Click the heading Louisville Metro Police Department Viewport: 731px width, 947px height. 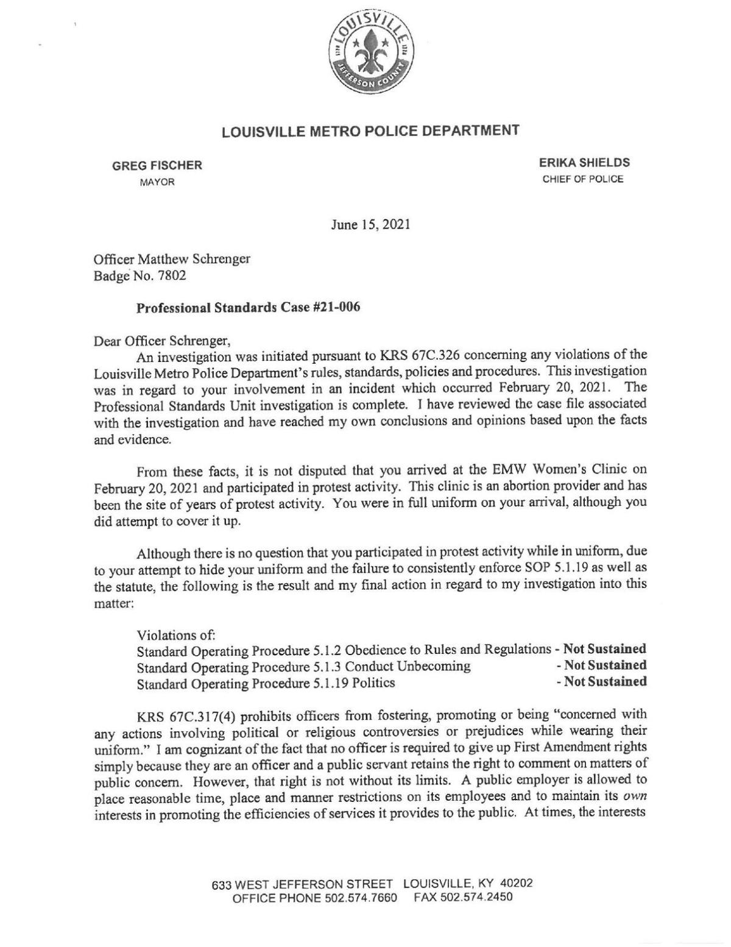[370, 130]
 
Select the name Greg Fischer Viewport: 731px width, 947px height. [157, 165]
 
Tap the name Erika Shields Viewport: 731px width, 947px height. [584, 163]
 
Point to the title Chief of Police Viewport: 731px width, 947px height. [583, 179]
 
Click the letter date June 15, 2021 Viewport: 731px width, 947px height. [370, 224]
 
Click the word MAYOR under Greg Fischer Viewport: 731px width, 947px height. [157, 182]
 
